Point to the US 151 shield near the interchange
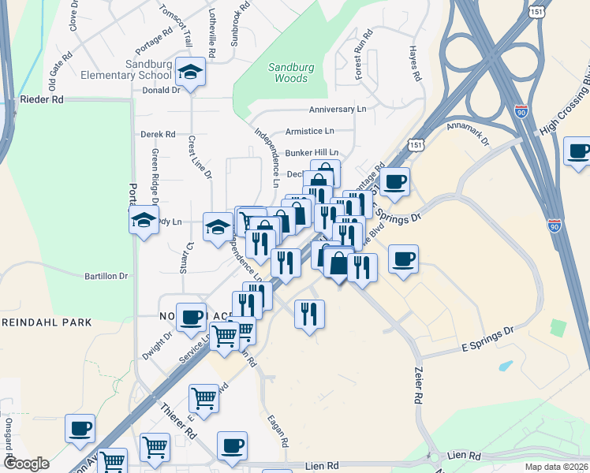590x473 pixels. pos(416,144)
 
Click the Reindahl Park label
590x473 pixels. pos(46,322)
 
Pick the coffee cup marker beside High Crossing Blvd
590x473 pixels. pos(578,151)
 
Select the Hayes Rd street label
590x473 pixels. pos(413,64)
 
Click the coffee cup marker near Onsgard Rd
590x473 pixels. pos(80,429)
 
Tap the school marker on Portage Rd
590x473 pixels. pos(144,220)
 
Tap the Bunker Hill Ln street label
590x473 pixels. pos(312,152)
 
